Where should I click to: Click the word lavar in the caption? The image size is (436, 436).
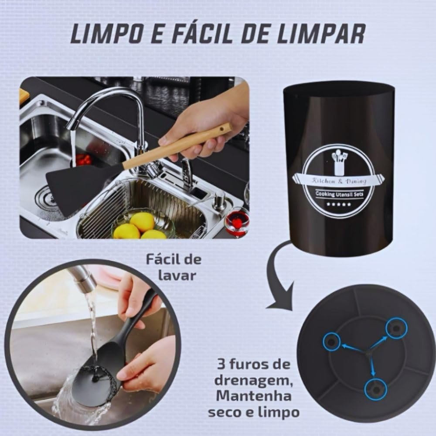tap(177, 276)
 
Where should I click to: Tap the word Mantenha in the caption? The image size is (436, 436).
tap(254, 396)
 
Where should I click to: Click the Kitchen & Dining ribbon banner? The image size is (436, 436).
tap(339, 181)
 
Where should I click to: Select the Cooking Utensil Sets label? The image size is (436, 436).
tap(339, 194)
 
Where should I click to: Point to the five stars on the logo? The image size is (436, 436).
tap(338, 204)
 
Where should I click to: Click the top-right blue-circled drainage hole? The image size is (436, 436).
tap(396, 329)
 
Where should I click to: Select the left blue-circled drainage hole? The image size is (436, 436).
tap(331, 342)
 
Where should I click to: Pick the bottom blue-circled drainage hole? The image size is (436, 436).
tap(376, 389)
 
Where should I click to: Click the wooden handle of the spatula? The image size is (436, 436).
tap(177, 146)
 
